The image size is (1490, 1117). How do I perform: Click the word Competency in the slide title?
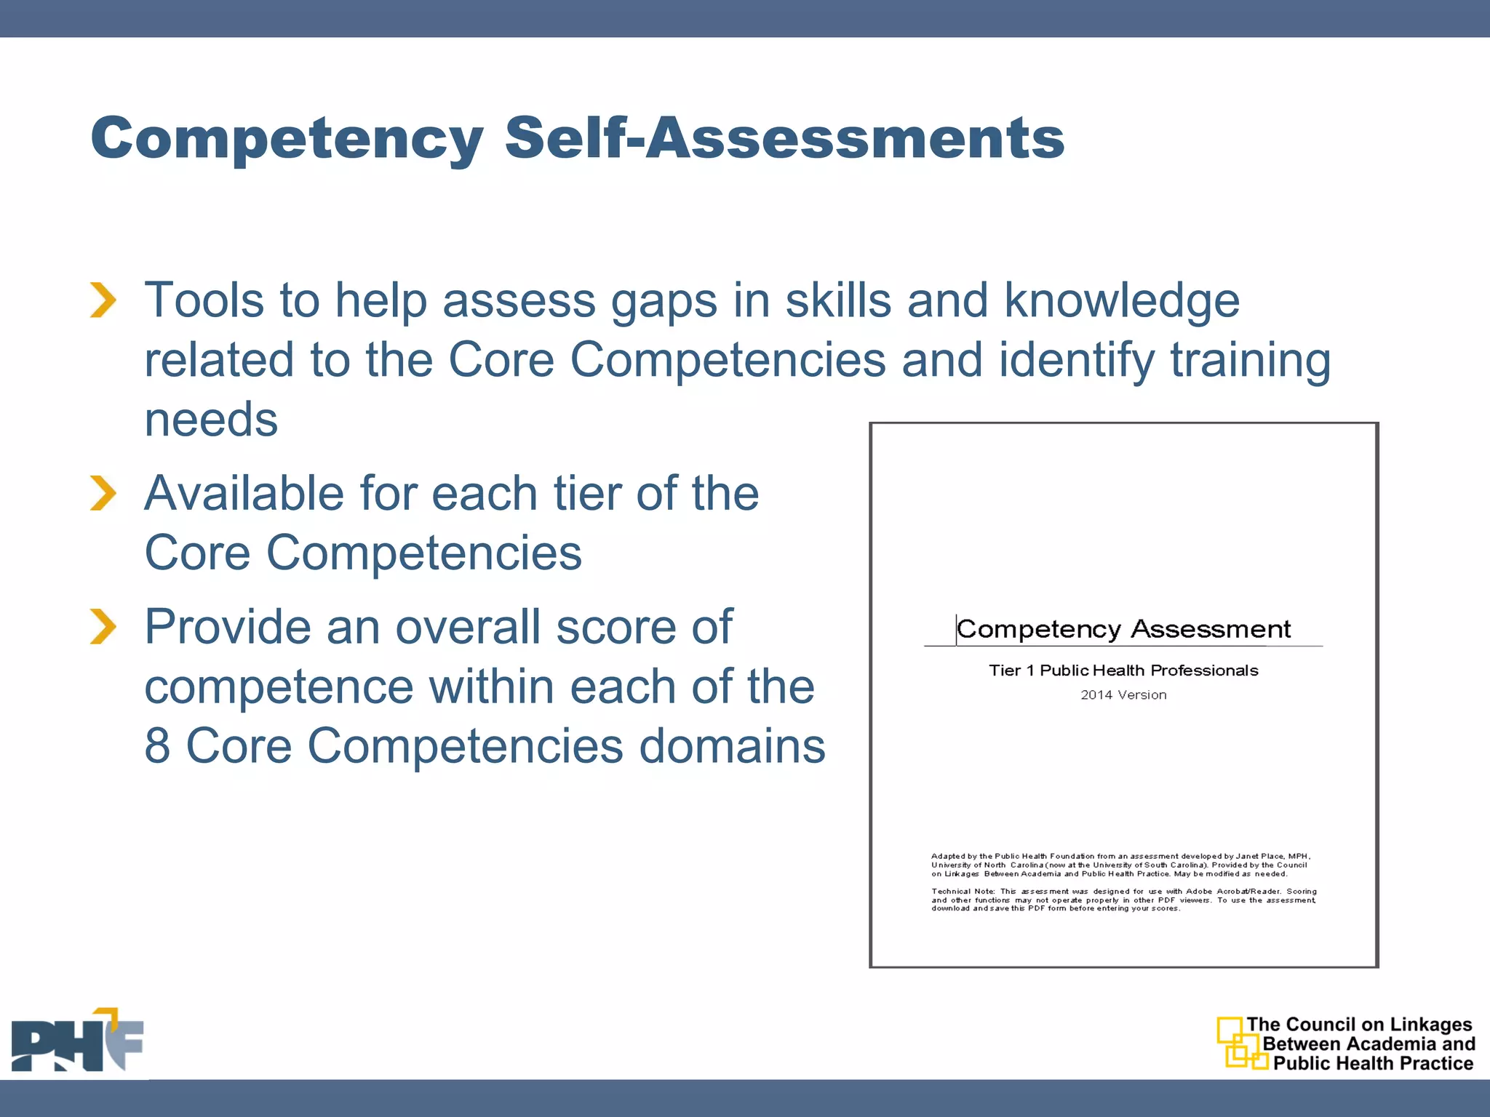tap(287, 138)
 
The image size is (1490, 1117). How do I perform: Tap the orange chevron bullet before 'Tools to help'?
tap(103, 300)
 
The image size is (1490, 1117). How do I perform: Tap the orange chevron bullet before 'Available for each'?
tap(103, 493)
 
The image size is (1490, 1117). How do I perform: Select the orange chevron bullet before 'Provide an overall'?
tap(103, 626)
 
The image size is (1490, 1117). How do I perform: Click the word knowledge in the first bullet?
tap(1122, 300)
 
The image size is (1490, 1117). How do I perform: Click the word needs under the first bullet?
tap(211, 420)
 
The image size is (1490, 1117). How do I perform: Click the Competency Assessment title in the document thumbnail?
tap(1123, 629)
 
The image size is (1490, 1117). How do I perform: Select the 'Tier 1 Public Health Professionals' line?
tap(1123, 670)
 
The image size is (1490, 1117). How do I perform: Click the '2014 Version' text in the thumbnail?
tap(1123, 695)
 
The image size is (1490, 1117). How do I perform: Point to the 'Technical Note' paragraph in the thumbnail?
tap(1123, 900)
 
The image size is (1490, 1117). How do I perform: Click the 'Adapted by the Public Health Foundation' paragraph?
tap(1120, 865)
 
